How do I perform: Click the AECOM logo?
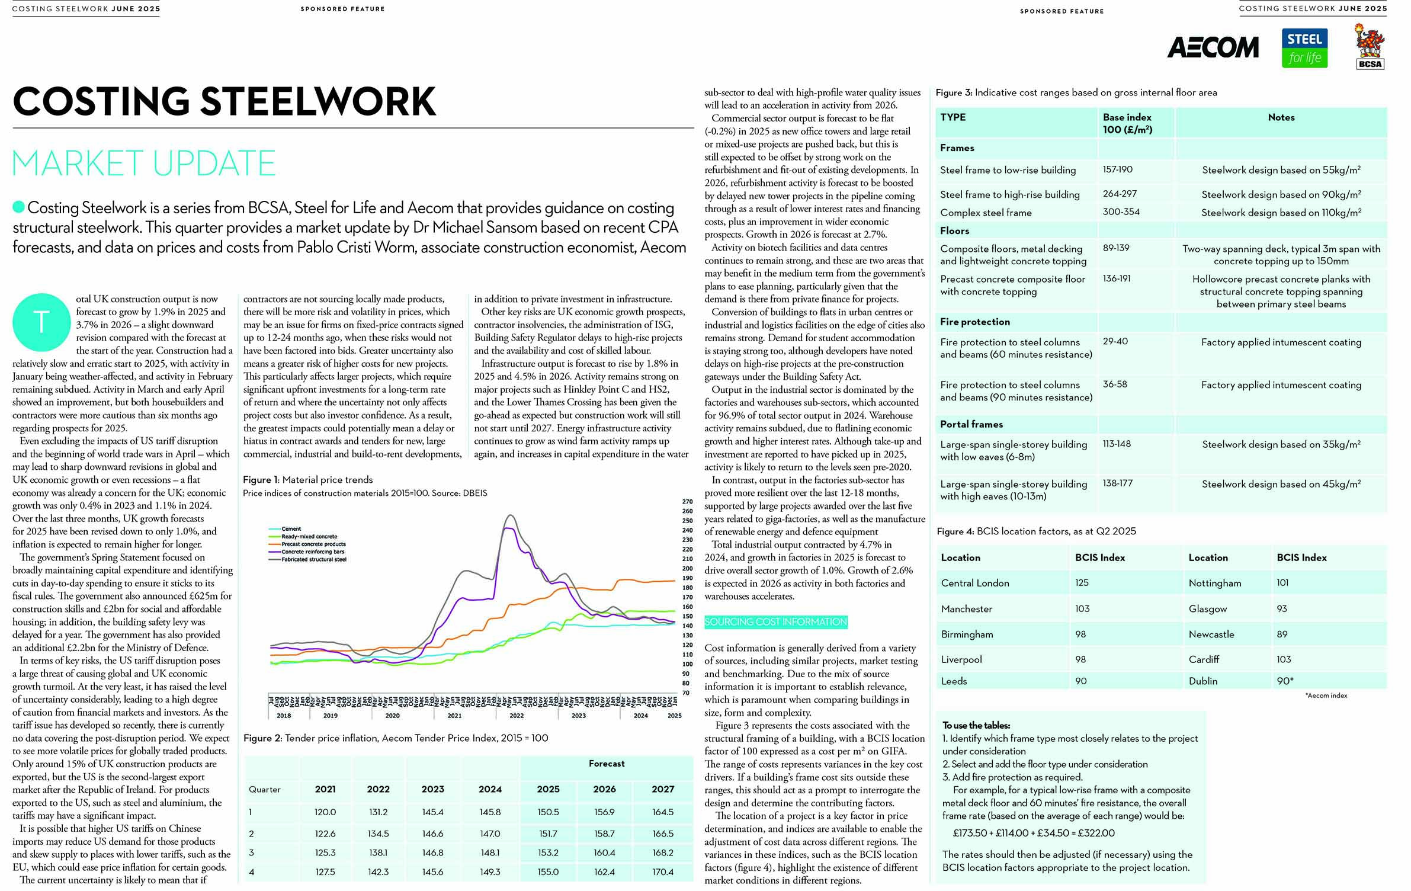pyautogui.click(x=1213, y=47)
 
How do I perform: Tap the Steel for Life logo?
pyautogui.click(x=1304, y=48)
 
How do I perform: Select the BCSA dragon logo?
pyautogui.click(x=1370, y=46)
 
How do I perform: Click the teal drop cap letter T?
pyautogui.click(x=41, y=322)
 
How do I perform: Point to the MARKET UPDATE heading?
pyautogui.click(x=144, y=164)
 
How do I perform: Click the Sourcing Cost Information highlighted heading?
pyautogui.click(x=775, y=622)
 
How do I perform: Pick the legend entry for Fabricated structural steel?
pyautogui.click(x=313, y=559)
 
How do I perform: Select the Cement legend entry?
pyautogui.click(x=291, y=528)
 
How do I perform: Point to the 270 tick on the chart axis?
pyautogui.click(x=687, y=501)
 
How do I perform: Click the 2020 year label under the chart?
pyautogui.click(x=392, y=716)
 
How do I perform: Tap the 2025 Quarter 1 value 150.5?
pyautogui.click(x=548, y=812)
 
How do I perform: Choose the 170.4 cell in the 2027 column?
pyautogui.click(x=663, y=872)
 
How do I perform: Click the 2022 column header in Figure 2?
pyautogui.click(x=378, y=789)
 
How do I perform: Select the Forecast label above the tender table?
pyautogui.click(x=607, y=764)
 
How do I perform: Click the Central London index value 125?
pyautogui.click(x=1082, y=583)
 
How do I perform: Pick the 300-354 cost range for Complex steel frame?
pyautogui.click(x=1121, y=212)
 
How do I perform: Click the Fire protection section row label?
pyautogui.click(x=974, y=322)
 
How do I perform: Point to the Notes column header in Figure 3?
pyautogui.click(x=1281, y=117)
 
